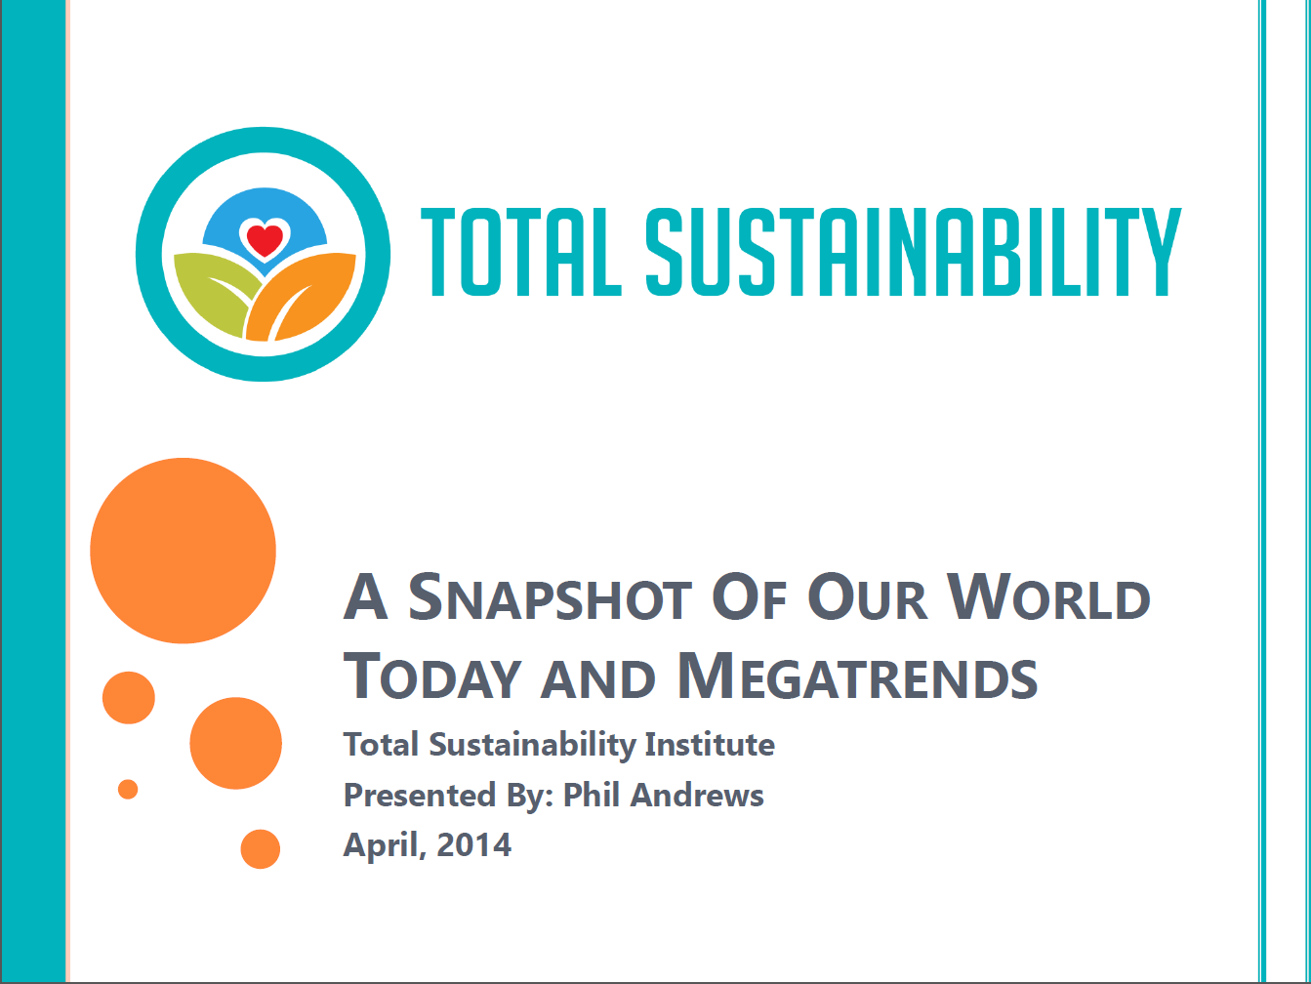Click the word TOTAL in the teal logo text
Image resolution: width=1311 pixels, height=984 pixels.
[x=521, y=252]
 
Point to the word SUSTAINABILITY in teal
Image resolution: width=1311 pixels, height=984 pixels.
[x=914, y=252]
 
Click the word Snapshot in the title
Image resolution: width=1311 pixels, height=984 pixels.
[x=550, y=597]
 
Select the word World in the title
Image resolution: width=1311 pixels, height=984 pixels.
[x=1048, y=597]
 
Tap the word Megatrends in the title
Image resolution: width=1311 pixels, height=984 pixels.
[x=858, y=676]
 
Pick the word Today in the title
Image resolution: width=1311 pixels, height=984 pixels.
[x=432, y=677]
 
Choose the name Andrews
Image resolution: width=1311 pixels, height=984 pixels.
[x=697, y=796]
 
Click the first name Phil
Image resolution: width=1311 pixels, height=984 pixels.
[x=591, y=795]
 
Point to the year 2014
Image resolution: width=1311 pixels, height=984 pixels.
[x=473, y=844]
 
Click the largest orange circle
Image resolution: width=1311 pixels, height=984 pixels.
[x=183, y=551]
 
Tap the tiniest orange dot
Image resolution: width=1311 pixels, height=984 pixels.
[x=128, y=790]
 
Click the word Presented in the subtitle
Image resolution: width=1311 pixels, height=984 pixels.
[x=420, y=796]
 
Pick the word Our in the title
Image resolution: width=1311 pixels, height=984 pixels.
[x=867, y=597]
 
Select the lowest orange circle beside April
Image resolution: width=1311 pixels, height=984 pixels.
[x=261, y=849]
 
